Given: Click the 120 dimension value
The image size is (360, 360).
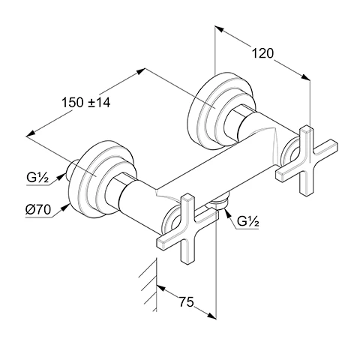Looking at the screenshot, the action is pos(262,53).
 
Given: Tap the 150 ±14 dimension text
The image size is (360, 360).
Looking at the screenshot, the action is pos(85,103).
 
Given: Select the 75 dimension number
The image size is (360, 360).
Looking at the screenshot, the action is pos(186,302).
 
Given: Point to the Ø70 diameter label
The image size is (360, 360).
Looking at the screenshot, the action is pos(38,209).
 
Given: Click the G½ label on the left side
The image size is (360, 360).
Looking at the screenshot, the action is pos(37,178).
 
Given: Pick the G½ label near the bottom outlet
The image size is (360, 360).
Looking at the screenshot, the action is pos(247,221).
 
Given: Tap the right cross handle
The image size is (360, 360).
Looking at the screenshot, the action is pos(307,160).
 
